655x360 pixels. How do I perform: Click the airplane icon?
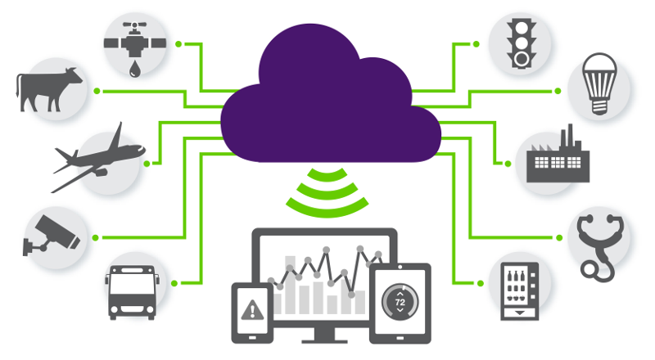pyautogui.click(x=97, y=155)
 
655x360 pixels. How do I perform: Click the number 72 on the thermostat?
pyautogui.click(x=400, y=302)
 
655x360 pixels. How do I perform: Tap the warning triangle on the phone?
pyautogui.click(x=253, y=310)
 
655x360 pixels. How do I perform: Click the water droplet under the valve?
pyautogui.click(x=133, y=70)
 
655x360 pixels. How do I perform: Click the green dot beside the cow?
pyautogui.click(x=97, y=89)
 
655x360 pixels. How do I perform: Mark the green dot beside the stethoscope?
pyautogui.click(x=559, y=238)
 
